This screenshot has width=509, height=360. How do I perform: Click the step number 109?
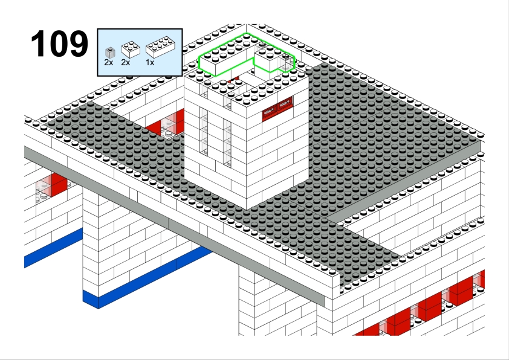pyautogui.click(x=59, y=43)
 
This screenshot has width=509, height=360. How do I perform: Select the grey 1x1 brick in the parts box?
pyautogui.click(x=110, y=53)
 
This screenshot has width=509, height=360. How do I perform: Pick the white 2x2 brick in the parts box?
pyautogui.click(x=131, y=50)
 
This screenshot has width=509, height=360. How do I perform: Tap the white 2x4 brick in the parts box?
pyautogui.click(x=160, y=47)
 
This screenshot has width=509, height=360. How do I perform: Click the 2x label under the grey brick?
pyautogui.click(x=109, y=62)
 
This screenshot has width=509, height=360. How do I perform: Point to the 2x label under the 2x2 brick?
pyautogui.click(x=126, y=62)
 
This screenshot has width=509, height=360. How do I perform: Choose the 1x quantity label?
pyautogui.click(x=150, y=62)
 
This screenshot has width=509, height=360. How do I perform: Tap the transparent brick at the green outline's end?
pyautogui.click(x=286, y=63)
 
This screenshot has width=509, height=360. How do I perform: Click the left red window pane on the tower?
pyautogui.click(x=270, y=114)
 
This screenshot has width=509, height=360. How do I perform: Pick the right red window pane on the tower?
pyautogui.click(x=285, y=104)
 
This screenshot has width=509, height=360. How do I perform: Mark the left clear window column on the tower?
pyautogui.click(x=204, y=131)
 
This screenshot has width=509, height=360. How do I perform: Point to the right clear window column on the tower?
pyautogui.click(x=227, y=143)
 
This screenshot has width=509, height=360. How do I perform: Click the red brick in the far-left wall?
pyautogui.click(x=59, y=184)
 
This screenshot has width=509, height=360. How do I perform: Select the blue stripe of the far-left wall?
pyautogui.click(x=54, y=248)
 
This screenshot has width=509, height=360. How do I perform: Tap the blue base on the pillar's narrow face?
pyautogui.click(x=91, y=300)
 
